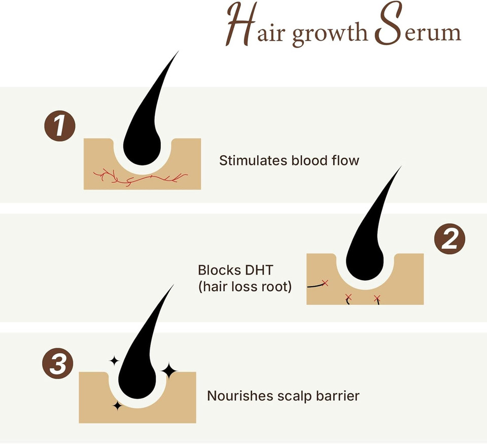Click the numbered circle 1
pyautogui.click(x=59, y=127)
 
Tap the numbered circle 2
pyautogui.click(x=449, y=240)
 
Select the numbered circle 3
pyautogui.click(x=57, y=364)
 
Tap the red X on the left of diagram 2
pyautogui.click(x=325, y=283)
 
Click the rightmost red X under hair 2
pyautogui.click(x=377, y=298)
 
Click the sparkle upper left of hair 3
pyautogui.click(x=114, y=360)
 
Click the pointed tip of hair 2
pyautogui.click(x=400, y=167)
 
